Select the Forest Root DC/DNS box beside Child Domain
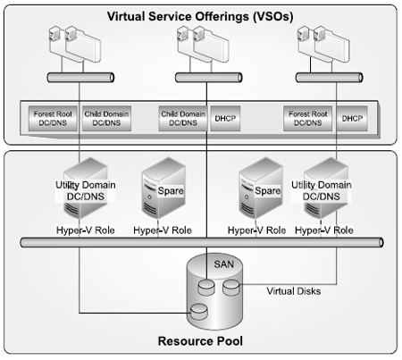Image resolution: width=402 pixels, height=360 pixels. pyautogui.click(x=53, y=119)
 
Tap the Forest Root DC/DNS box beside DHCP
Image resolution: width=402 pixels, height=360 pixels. pyautogui.click(x=307, y=119)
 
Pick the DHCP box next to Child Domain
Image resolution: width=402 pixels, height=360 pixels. pyautogui.click(x=225, y=119)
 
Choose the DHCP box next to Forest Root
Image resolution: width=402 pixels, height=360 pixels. pyautogui.click(x=352, y=119)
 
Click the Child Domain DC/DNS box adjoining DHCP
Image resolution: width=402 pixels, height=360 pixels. pyautogui.click(x=183, y=119)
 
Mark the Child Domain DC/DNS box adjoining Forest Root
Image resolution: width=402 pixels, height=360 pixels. pyautogui.click(x=106, y=119)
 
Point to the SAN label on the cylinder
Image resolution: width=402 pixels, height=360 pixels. pyautogui.click(x=224, y=264)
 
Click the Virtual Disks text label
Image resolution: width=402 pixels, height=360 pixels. pyautogui.click(x=294, y=291)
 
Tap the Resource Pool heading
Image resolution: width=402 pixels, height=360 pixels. pyautogui.click(x=200, y=341)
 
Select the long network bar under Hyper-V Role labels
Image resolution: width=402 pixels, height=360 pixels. pyautogui.click(x=202, y=242)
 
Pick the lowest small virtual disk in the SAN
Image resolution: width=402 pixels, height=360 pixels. pyautogui.click(x=199, y=312)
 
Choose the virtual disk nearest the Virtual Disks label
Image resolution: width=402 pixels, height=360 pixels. pyautogui.click(x=231, y=288)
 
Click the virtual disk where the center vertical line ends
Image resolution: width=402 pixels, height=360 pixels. pyautogui.click(x=206, y=288)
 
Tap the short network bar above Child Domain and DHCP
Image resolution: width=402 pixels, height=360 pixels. pyautogui.click(x=208, y=78)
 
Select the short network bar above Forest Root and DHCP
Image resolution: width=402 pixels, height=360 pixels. pyautogui.click(x=329, y=78)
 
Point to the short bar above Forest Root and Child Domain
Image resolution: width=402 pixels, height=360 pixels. pyautogui.click(x=80, y=78)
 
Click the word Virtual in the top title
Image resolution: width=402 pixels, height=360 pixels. pyautogui.click(x=126, y=16)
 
